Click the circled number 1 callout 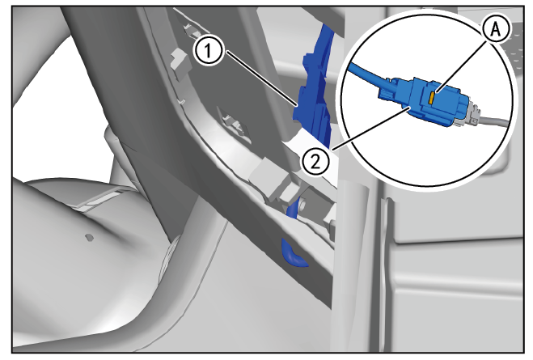pos(208,51)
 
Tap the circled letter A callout pos(496,30)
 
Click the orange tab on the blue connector pos(430,98)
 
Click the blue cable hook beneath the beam pos(292,254)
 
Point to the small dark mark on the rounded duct pos(89,237)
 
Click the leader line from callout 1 pos(261,78)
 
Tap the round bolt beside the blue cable pos(303,205)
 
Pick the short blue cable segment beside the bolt pos(293,209)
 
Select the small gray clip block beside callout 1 pos(180,60)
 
